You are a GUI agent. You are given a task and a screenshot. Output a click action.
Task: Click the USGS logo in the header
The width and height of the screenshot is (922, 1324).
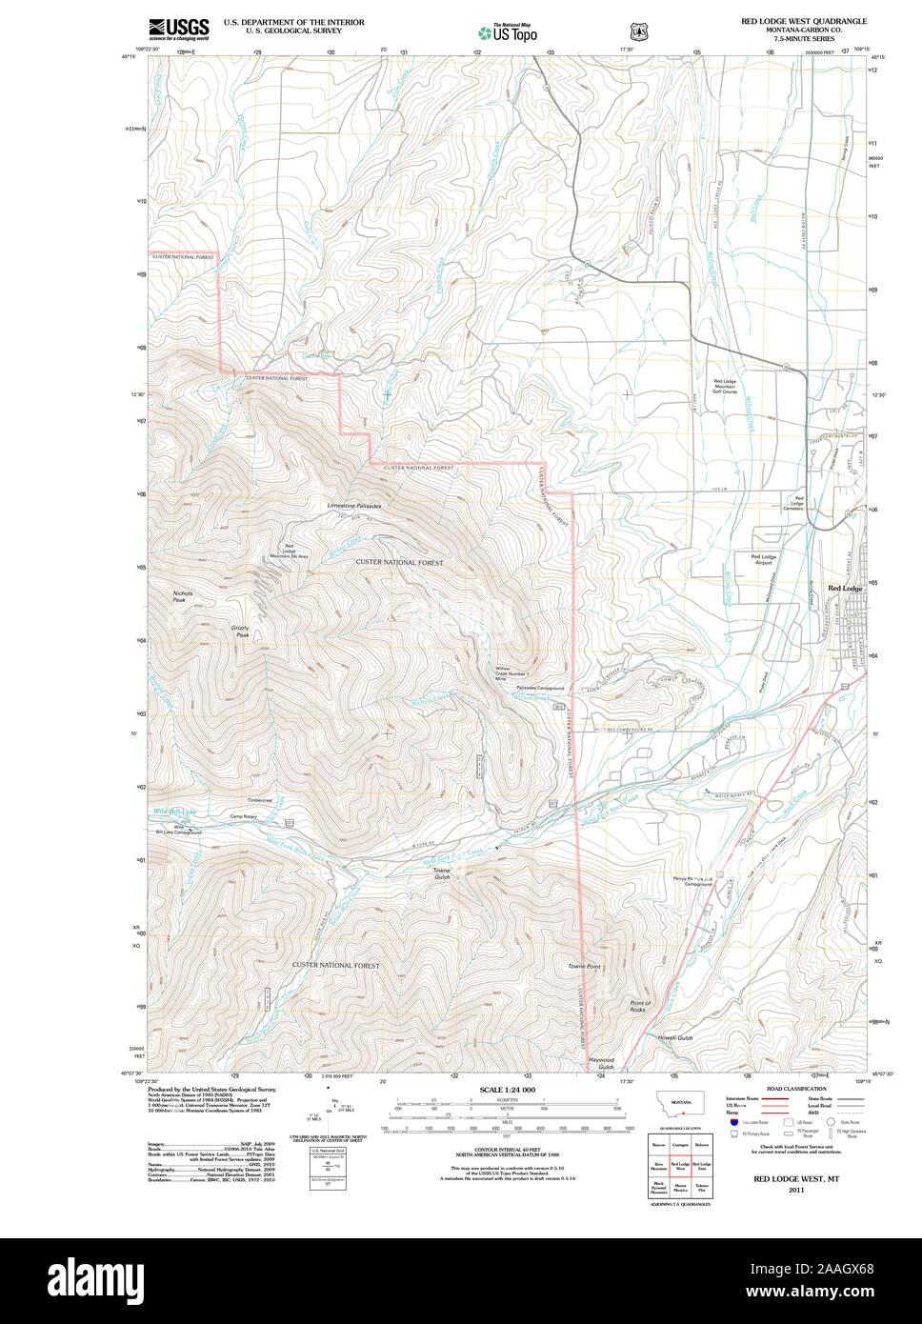point(178,28)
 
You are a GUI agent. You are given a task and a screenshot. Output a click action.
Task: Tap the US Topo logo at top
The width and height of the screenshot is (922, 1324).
point(508,32)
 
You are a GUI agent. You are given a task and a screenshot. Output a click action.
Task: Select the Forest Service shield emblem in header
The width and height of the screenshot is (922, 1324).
point(638,32)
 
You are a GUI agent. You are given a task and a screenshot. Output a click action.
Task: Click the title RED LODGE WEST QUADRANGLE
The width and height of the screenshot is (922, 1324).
point(804,20)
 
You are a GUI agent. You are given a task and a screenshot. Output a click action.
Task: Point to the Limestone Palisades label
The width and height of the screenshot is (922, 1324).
point(353,506)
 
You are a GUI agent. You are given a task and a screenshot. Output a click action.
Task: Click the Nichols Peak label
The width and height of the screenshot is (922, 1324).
point(183,597)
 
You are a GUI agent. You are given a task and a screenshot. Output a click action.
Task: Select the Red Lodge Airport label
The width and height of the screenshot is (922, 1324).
point(763,560)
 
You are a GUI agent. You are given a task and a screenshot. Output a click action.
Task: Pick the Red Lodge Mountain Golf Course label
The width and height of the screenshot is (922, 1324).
point(725,386)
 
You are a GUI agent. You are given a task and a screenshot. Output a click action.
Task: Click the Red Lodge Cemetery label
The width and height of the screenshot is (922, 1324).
point(793,503)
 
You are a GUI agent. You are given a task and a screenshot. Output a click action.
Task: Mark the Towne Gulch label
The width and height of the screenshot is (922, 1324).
point(442,873)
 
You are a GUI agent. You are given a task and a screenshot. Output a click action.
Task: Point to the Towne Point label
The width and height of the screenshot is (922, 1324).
point(584,967)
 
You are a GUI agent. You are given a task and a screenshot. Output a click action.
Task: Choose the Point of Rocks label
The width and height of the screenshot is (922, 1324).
point(640,1006)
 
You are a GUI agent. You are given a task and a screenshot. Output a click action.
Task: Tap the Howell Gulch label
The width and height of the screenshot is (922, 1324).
point(675,1037)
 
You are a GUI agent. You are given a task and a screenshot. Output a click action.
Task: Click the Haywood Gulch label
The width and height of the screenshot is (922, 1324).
point(601,1063)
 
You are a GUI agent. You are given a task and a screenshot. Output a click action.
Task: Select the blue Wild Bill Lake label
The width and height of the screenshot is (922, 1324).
point(175,812)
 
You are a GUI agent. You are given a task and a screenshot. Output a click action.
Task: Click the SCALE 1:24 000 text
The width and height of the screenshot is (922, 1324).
point(507,1090)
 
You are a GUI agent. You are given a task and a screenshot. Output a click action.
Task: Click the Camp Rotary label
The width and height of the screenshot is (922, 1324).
point(243,816)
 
